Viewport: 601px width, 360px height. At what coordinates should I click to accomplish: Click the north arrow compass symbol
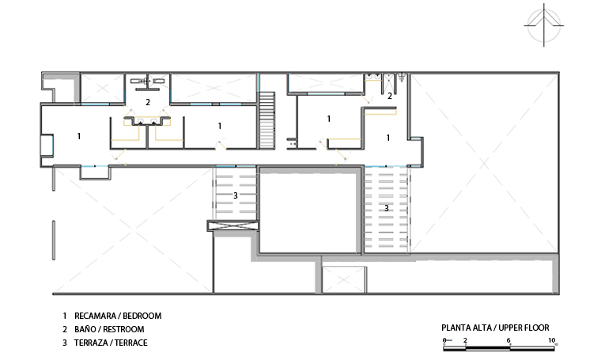[543, 25]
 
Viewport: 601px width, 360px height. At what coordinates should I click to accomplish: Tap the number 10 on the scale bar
[551, 340]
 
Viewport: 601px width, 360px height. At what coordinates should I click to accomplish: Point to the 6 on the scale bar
[508, 340]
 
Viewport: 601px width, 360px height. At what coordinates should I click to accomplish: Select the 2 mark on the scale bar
[465, 340]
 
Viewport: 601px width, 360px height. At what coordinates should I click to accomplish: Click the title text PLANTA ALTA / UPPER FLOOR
[495, 328]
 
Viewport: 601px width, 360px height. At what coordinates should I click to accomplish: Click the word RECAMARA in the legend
[95, 316]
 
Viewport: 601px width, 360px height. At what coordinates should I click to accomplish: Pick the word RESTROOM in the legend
[123, 329]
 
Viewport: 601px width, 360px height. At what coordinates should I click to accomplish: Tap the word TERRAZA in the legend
[91, 343]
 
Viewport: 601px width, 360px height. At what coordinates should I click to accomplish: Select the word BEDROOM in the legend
[142, 316]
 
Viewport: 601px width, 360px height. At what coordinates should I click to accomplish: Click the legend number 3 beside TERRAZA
[65, 343]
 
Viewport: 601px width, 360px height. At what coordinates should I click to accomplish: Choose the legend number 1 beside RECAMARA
[65, 316]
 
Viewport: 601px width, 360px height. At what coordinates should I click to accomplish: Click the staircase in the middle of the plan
[266, 120]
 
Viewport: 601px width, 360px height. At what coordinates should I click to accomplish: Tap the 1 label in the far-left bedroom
[79, 136]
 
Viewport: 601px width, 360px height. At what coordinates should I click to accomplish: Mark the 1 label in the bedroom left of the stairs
[220, 126]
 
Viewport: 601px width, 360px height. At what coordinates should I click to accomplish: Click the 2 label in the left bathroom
[148, 102]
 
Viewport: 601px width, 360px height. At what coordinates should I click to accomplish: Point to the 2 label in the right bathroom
[390, 96]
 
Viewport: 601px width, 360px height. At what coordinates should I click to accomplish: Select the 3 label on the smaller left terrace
[236, 195]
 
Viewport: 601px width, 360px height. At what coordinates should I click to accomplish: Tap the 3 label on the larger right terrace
[387, 208]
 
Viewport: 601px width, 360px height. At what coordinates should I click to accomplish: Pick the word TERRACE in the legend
[130, 343]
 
